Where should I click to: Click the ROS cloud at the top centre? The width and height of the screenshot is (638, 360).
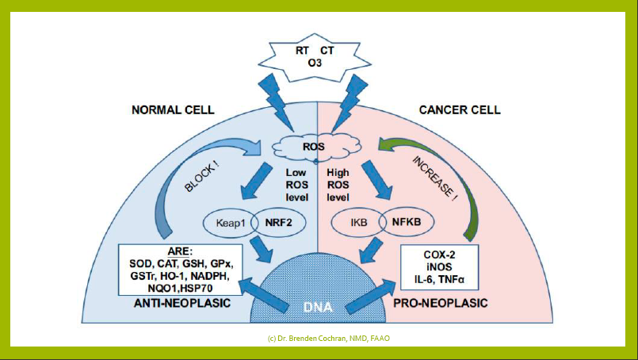point(316,147)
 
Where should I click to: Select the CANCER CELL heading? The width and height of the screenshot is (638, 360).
point(460,110)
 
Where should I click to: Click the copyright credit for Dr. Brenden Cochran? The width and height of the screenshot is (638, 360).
point(319,339)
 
